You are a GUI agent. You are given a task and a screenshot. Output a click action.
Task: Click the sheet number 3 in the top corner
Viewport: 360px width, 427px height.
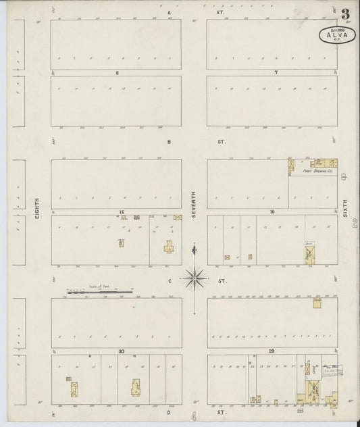[x=345, y=12]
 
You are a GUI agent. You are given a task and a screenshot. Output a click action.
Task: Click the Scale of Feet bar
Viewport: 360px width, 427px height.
[x=99, y=292]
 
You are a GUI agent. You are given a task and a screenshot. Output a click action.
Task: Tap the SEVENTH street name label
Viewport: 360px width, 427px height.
[x=194, y=203]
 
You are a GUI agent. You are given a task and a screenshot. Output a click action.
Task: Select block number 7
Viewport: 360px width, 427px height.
[x=275, y=72]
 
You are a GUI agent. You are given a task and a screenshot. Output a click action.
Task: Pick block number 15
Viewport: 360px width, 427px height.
[x=122, y=212]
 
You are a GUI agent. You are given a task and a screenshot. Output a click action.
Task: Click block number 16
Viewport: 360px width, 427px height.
[x=272, y=212]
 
